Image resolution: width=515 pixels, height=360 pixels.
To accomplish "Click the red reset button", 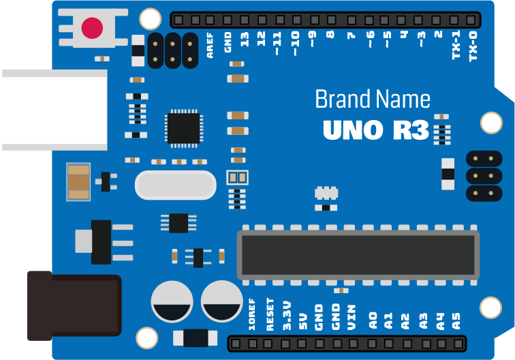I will tap(92, 28).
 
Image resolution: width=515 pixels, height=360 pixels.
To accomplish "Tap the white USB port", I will tap(53, 110).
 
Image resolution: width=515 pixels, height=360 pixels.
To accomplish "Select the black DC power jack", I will tap(74, 305).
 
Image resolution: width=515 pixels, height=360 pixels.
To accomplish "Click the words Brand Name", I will tap(372, 100).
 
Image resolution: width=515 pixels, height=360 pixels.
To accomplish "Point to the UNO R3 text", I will tap(375, 130).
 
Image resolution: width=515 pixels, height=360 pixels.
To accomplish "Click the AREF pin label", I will tap(210, 45).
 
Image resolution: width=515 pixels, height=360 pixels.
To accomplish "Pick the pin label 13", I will tap(244, 40).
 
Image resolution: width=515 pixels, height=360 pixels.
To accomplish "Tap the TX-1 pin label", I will tap(456, 45).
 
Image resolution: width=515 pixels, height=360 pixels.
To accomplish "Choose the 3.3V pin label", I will tap(287, 316).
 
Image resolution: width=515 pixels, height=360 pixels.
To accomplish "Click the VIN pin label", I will tap(352, 318).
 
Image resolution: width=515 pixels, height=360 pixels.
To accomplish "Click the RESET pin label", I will tap(270, 314).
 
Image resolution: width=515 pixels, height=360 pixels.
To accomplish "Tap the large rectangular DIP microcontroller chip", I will tap(358, 254).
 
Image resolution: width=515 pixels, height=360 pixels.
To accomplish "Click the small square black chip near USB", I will tap(183, 127).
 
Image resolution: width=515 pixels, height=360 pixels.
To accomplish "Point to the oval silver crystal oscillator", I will tap(176, 185).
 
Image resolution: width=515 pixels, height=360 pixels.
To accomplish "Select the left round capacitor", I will tap(172, 301).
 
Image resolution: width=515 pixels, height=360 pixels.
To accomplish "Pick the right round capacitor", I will tap(221, 301).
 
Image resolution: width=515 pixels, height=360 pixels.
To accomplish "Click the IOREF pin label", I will tap(252, 314).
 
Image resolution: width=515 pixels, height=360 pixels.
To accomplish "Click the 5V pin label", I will tap(303, 319).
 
